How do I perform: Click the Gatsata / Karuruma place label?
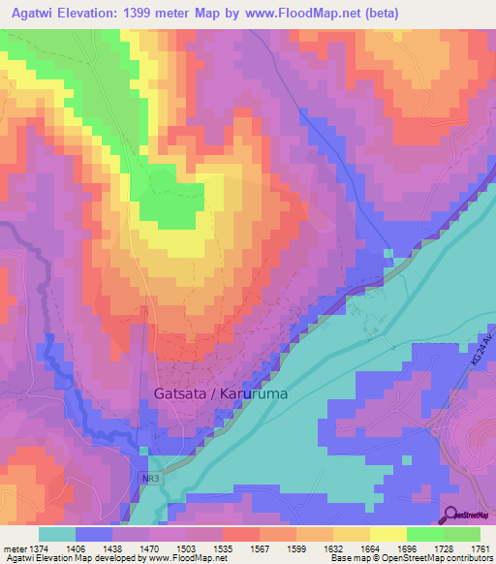coord(220,394)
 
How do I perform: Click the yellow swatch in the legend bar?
coord(387,534)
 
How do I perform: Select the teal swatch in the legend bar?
coord(57,534)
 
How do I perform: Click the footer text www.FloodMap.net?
coord(190,559)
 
